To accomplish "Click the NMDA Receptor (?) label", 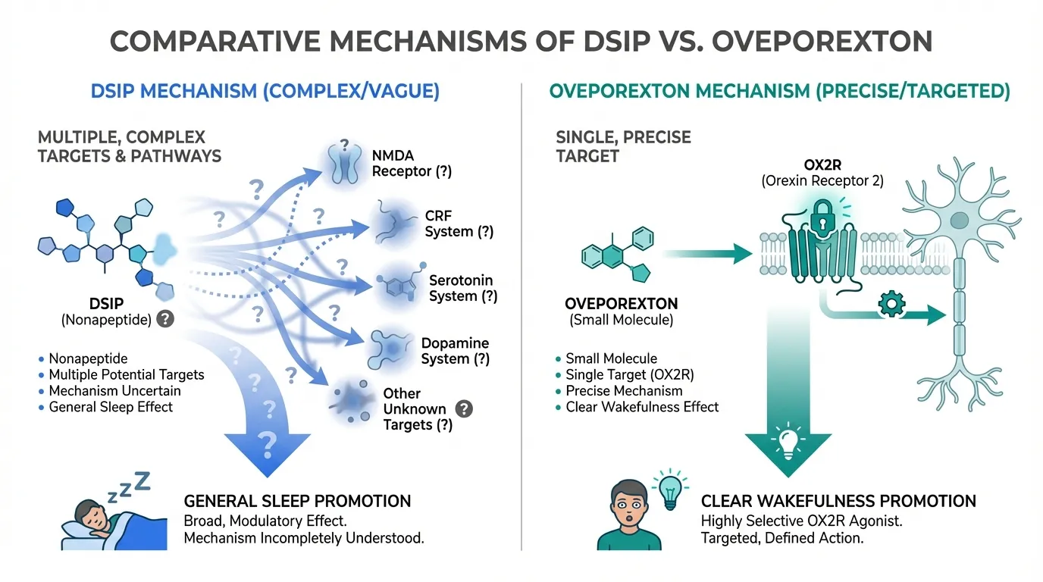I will click(412, 163).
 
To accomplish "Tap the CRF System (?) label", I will click(459, 224).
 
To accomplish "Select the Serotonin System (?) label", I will click(463, 288).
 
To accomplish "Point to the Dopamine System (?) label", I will click(455, 351).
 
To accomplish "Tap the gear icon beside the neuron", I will click(891, 304).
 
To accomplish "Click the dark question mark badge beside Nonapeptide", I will click(164, 320).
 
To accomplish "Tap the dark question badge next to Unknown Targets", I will click(464, 409).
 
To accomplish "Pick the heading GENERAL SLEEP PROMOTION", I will click(297, 501).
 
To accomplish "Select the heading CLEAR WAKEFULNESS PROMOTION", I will click(838, 501).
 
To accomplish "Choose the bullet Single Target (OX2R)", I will click(629, 375).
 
